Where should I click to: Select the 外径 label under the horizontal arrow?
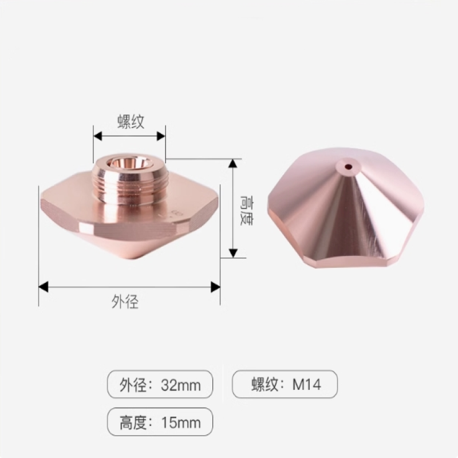[125, 302]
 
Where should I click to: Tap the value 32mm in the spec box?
[181, 385]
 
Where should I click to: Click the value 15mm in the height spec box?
[181, 424]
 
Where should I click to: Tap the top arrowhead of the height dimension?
[232, 164]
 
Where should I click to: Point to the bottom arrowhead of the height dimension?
[232, 253]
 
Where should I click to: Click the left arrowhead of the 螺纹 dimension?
[98, 136]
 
